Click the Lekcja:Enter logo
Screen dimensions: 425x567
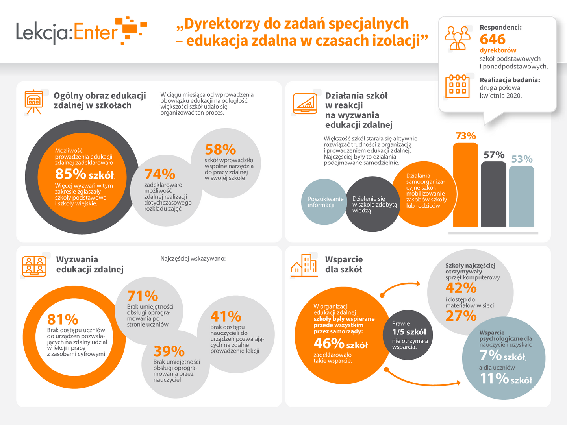click(81, 31)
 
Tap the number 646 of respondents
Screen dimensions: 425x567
click(492, 39)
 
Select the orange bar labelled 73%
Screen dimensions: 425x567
click(465, 185)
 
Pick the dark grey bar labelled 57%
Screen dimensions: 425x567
click(493, 194)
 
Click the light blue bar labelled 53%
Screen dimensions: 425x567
click(521, 197)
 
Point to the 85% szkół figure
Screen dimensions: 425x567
click(84, 174)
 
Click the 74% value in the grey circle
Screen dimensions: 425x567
click(159, 174)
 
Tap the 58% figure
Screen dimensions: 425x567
click(220, 150)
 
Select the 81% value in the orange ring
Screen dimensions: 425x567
click(63, 320)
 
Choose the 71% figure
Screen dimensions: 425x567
click(142, 296)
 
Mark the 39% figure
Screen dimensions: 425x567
click(169, 351)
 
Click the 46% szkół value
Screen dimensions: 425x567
click(341, 344)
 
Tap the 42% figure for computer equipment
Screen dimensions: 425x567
click(461, 288)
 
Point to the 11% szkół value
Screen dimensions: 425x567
click(506, 379)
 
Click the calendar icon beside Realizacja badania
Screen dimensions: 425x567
click(457, 86)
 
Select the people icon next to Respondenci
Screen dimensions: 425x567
click(458, 38)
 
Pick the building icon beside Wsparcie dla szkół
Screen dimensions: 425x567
click(304, 265)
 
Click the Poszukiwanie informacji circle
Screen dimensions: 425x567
click(324, 202)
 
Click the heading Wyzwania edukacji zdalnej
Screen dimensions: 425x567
click(90, 264)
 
